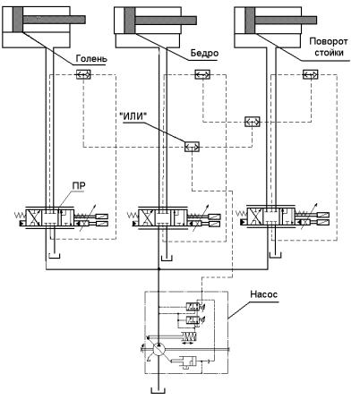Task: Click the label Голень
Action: point(91,58)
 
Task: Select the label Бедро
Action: point(204,54)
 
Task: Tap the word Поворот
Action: point(328,41)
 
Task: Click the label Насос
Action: point(263,294)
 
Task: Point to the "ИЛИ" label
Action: point(134,117)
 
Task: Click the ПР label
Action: point(79,186)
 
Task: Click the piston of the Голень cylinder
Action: point(18,20)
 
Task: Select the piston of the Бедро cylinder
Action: point(130,20)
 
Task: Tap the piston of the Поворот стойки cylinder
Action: point(250,20)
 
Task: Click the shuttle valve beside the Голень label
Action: point(83,74)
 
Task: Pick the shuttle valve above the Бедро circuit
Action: point(202,74)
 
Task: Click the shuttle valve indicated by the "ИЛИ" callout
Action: point(192,147)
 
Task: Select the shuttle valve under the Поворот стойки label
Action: point(311,74)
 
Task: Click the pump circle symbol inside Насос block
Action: point(158,349)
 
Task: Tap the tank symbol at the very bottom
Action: point(159,391)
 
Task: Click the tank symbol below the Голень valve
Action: point(54,256)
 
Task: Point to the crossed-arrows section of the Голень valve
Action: point(33,218)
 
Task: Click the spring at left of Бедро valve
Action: point(133,215)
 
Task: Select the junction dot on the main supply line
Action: point(159,269)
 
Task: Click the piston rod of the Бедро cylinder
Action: point(166,21)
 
